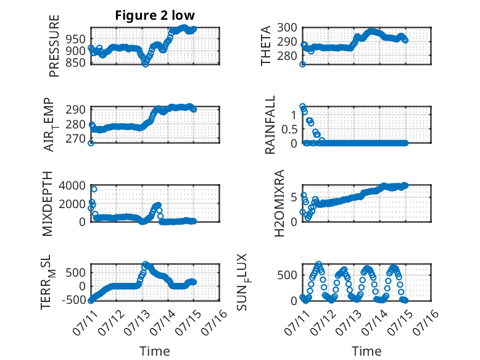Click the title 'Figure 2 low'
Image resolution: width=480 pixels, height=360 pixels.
155,15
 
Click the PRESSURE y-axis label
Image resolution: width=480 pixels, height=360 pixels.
54,46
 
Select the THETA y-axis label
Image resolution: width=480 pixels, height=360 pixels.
266,46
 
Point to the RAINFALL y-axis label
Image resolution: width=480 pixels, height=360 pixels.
270,125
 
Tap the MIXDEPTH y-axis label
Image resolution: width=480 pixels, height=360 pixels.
48,204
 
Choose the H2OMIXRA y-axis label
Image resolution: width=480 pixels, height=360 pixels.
279,203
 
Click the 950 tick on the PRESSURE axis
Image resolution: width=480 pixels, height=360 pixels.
75,40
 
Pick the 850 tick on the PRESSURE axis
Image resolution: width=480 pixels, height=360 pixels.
75,62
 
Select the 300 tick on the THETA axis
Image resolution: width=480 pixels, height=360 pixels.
287,28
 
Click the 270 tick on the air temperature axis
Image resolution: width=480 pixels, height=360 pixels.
75,139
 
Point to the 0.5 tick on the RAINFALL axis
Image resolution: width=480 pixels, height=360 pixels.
289,129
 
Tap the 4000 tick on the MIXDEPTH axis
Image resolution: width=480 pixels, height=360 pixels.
72,186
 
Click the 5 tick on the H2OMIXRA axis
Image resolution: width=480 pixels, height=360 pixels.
294,198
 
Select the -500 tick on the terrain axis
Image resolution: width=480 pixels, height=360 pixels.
73,299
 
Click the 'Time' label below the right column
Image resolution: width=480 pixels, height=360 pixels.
366,351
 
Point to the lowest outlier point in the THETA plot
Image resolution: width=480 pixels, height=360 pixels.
302,64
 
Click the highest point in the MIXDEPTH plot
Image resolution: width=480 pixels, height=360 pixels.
94,190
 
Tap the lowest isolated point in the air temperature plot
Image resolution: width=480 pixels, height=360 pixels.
91,143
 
